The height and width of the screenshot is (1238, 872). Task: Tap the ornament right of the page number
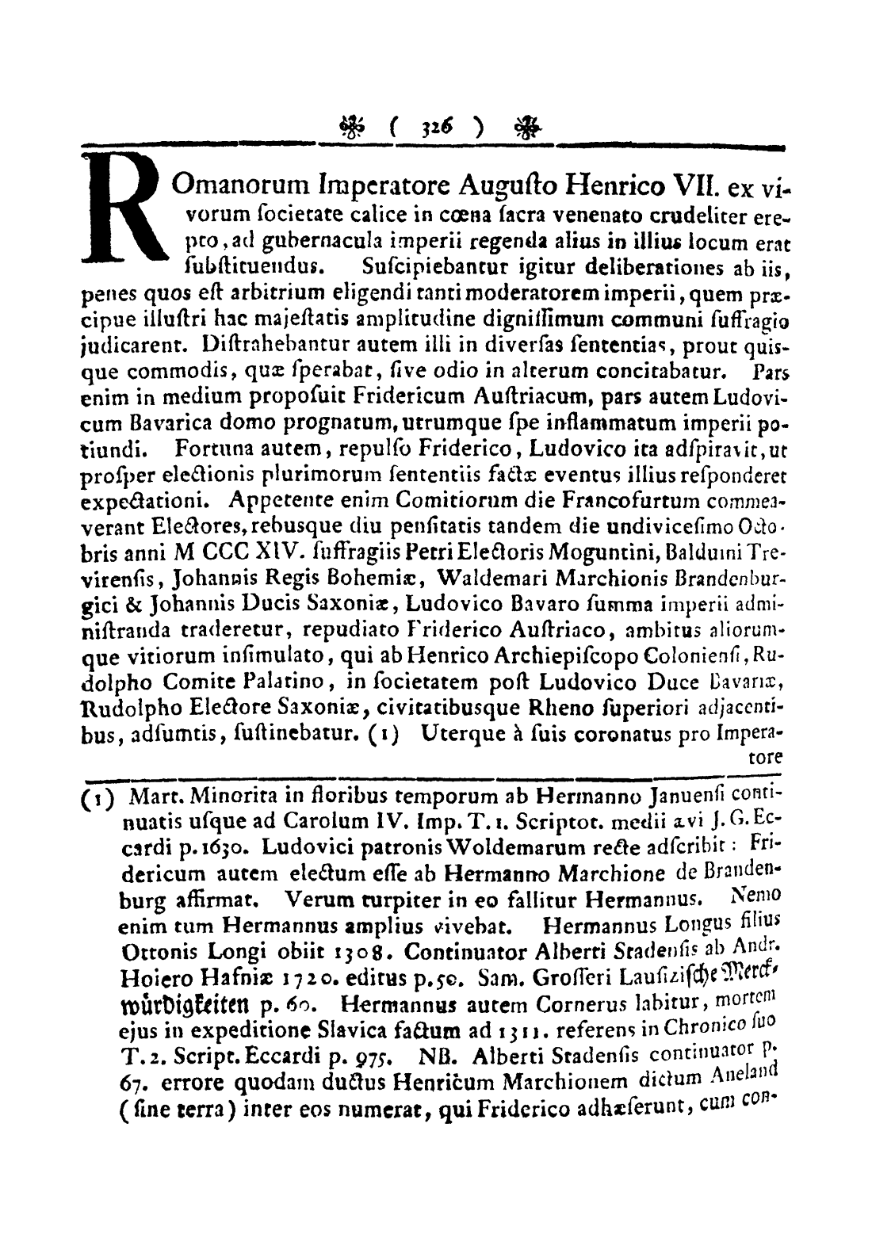point(524,125)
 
